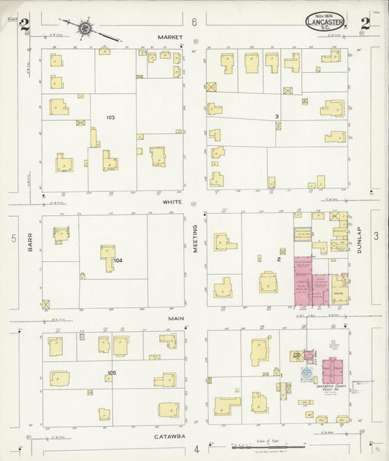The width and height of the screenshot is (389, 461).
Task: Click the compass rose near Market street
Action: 86,28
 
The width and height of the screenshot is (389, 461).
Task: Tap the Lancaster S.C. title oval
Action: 324,22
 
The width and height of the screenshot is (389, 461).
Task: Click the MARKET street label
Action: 169,36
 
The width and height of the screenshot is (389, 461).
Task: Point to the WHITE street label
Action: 172,202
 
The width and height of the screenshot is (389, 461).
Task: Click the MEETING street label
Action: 196,239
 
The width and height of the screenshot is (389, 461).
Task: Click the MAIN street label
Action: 174,318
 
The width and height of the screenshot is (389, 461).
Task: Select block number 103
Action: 110,117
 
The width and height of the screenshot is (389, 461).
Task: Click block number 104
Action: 118,260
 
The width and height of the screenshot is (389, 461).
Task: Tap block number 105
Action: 111,373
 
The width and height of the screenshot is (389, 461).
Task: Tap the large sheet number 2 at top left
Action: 24,26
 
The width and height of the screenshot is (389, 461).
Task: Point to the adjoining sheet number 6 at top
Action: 195,23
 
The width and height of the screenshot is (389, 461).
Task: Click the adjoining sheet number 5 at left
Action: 13,239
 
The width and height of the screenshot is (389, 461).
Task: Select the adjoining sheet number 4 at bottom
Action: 196,449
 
